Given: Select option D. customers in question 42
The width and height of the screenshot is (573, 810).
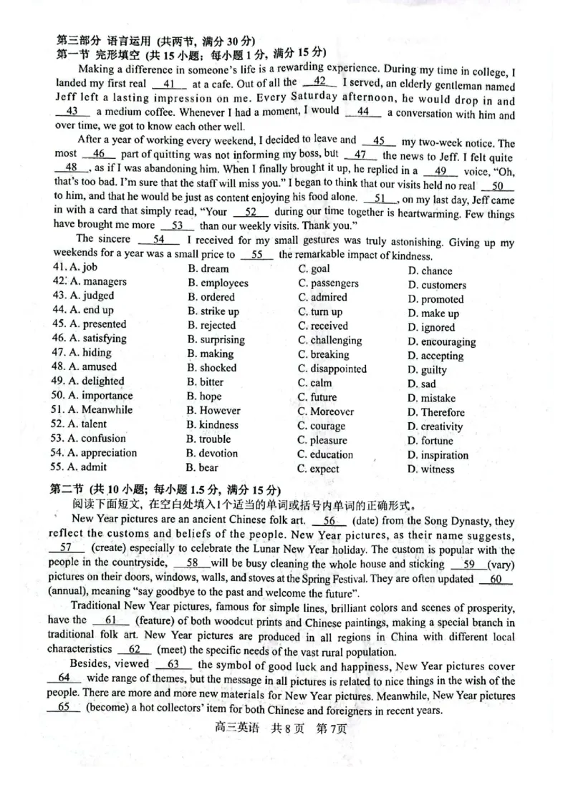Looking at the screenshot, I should click(437, 285).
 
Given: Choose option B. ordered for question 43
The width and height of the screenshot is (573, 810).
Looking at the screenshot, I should click(211, 297).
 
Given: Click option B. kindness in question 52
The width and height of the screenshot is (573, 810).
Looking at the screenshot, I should click(213, 425).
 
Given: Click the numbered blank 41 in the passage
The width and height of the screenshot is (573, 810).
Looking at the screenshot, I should click(169, 84).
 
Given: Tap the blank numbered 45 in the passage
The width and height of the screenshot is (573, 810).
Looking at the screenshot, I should click(380, 142).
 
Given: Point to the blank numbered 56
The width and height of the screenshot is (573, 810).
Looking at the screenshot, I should click(329, 521).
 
